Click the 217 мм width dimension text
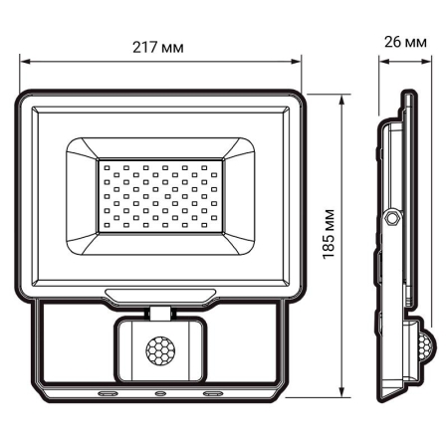(160, 48)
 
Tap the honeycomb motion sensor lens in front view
(159, 350)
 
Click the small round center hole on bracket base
(159, 393)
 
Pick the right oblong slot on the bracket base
(211, 393)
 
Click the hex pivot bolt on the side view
(392, 216)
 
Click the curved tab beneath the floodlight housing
(159, 294)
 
